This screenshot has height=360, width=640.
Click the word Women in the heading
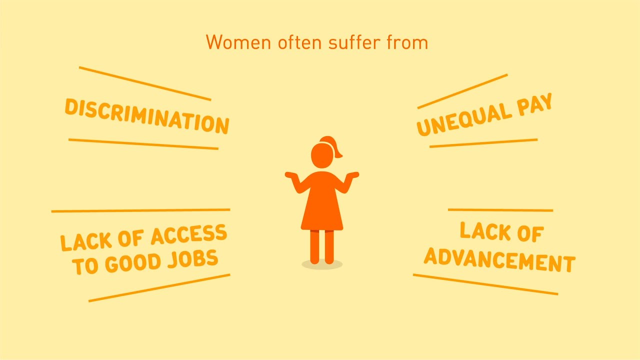(238, 42)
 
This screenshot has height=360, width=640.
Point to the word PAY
(534, 104)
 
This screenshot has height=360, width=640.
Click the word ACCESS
(189, 234)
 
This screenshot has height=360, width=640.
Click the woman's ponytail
(333, 145)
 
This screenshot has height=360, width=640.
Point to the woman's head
(322, 155)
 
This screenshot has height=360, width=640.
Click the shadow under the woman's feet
(322, 264)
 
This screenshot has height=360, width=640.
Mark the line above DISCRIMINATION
(145, 83)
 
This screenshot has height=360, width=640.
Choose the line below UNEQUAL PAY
(483, 143)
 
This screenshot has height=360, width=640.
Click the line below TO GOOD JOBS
(159, 288)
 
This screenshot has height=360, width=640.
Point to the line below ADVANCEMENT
(485, 284)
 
